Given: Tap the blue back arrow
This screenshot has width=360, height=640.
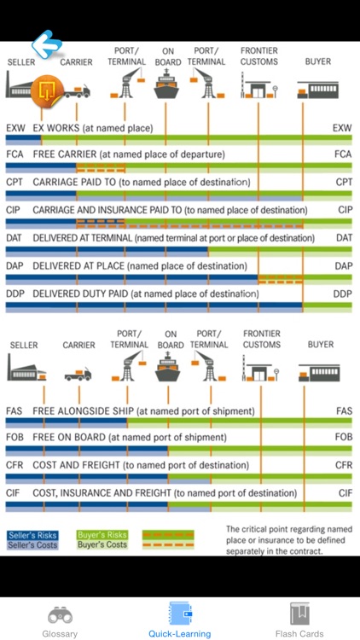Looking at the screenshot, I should pyautogui.click(x=48, y=44).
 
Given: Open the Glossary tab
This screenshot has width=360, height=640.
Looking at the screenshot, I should pyautogui.click(x=60, y=621).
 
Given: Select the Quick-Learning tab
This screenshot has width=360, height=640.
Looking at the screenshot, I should pyautogui.click(x=179, y=621).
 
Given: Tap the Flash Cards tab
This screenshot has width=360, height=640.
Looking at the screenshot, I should pyautogui.click(x=299, y=621).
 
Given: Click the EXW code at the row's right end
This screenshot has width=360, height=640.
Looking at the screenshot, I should pyautogui.click(x=342, y=128).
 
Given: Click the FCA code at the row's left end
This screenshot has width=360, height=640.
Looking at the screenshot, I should pyautogui.click(x=15, y=154).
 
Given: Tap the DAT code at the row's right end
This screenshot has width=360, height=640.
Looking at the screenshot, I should pyautogui.click(x=344, y=237).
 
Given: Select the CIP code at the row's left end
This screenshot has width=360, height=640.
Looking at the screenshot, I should pyautogui.click(x=15, y=210).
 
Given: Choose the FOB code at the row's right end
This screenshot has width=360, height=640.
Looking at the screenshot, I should pyautogui.click(x=344, y=438).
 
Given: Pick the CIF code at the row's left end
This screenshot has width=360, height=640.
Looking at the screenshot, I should pyautogui.click(x=14, y=493).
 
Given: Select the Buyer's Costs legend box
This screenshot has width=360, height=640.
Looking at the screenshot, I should pyautogui.click(x=102, y=544).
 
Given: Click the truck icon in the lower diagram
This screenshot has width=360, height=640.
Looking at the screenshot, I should pyautogui.click(x=78, y=374).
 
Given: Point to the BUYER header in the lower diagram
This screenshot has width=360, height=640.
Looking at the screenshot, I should pyautogui.click(x=321, y=345).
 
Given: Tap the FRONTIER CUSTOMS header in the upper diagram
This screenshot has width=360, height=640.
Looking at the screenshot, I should pyautogui.click(x=258, y=56).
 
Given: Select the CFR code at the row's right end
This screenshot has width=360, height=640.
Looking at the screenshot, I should pyautogui.click(x=344, y=465).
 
